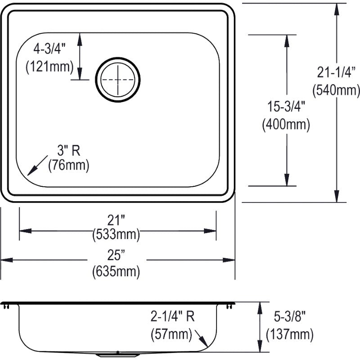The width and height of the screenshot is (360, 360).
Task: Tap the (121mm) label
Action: click(49, 67)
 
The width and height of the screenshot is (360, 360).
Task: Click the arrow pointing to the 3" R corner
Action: click(37, 166)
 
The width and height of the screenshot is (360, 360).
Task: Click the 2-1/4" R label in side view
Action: click(173, 318)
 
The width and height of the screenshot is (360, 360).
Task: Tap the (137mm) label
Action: click(289, 334)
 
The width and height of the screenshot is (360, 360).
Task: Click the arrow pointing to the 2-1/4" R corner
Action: click(202, 339)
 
